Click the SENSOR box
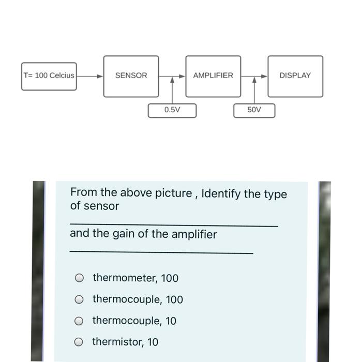pos(131,76)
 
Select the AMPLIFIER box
pos(213,76)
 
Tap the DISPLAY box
pos(295,76)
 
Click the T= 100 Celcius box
pos(49,76)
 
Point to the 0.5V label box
pos(172,110)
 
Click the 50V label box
pos(254,110)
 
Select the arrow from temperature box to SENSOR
pos(90,76)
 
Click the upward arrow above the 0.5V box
pos(172,90)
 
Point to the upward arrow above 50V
pos(254,90)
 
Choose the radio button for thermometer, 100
pos(79,278)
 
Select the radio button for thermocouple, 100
pos(79,299)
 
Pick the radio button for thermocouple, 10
pos(79,321)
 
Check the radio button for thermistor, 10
pos(79,342)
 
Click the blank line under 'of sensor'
pos(173,226)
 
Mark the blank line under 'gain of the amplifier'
pos(161,253)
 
